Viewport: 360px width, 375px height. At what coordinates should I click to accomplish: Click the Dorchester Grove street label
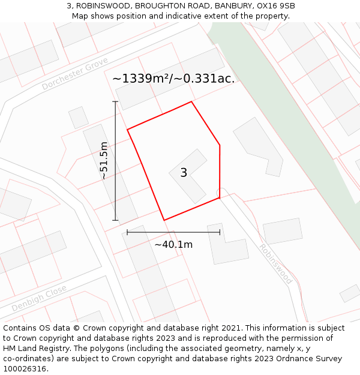point(75,74)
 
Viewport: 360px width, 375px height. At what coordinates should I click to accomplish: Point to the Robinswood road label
point(275,264)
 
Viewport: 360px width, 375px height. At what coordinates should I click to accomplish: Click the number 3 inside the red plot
point(184,173)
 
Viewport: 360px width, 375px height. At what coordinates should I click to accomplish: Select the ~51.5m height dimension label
point(104,161)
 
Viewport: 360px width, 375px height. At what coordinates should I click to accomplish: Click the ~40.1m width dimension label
point(173,245)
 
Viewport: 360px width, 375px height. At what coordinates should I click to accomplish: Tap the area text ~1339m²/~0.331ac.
point(173,79)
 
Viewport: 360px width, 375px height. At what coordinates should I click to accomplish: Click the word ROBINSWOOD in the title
point(103,6)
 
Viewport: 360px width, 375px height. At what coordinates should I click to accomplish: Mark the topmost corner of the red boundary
point(191,101)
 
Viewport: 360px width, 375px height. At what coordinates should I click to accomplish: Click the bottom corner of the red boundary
point(164,220)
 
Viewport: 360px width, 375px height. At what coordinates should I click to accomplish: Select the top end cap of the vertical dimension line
point(115,102)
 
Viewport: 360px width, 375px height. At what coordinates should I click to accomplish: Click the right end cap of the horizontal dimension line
point(220,232)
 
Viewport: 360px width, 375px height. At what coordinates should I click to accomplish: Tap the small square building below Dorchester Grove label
point(78,117)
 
